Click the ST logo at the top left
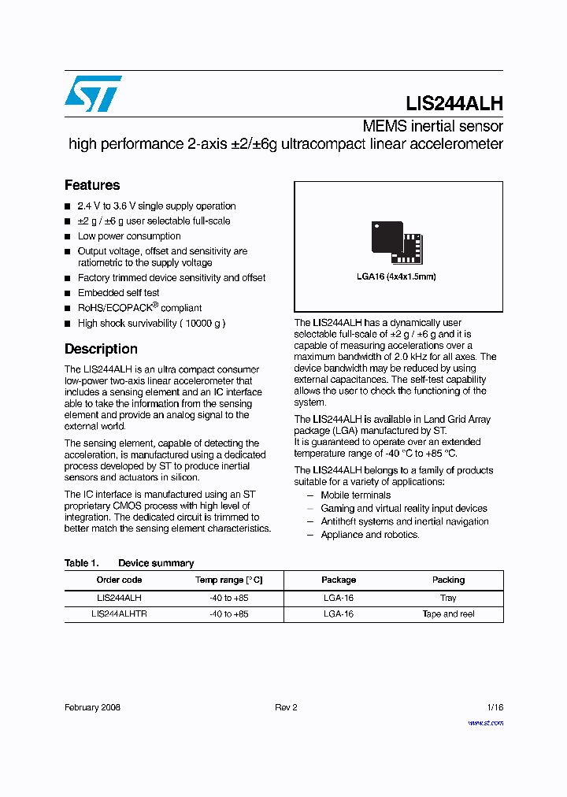click(93, 94)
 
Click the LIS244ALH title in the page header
click(454, 103)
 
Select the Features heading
click(92, 185)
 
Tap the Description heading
click(101, 349)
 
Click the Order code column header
click(119, 580)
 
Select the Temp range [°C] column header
click(228, 580)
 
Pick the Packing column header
click(448, 580)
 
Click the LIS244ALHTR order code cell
click(119, 614)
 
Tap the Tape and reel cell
click(448, 614)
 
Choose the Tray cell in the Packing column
click(448, 598)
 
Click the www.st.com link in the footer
click(485, 722)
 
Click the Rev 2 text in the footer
click(286, 707)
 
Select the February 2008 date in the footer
click(92, 707)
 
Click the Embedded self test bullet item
click(118, 293)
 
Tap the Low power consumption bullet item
click(129, 236)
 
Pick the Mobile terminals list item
click(355, 495)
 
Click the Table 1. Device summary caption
click(129, 563)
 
